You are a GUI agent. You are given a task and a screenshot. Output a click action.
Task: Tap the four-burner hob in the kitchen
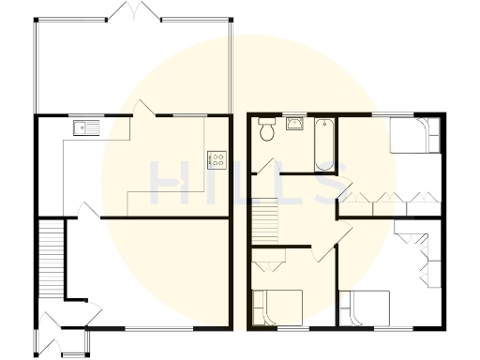tap(215, 158)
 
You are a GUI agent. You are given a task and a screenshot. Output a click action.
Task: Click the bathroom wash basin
tap(294, 124)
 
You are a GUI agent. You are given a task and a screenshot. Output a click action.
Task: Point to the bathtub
tap(323, 143)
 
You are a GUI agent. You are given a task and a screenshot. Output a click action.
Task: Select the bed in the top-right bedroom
tap(412, 137)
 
